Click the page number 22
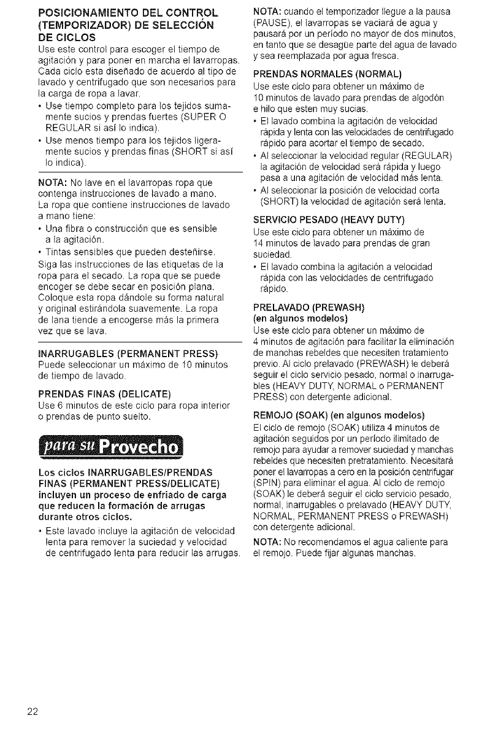(x=33, y=711)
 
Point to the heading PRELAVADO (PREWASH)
(x=309, y=307)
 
